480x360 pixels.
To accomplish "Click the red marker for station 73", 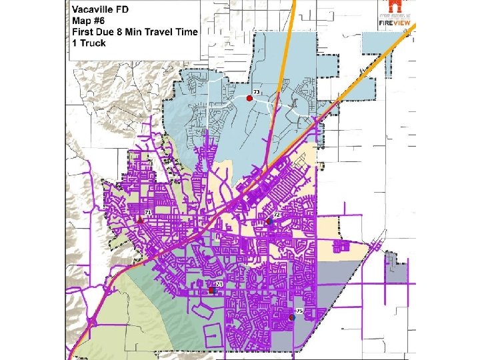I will click(249, 98).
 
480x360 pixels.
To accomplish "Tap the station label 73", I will click(255, 91).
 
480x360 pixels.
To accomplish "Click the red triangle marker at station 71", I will click(140, 219).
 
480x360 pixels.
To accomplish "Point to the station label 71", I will click(148, 212).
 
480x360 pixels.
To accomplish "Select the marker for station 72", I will click(268, 221).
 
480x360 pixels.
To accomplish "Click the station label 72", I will click(276, 215).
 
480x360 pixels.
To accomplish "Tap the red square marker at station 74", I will click(211, 291).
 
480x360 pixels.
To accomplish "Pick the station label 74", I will click(217, 285).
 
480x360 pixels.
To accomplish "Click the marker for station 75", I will click(292, 317).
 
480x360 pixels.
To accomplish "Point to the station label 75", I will click(299, 311).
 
